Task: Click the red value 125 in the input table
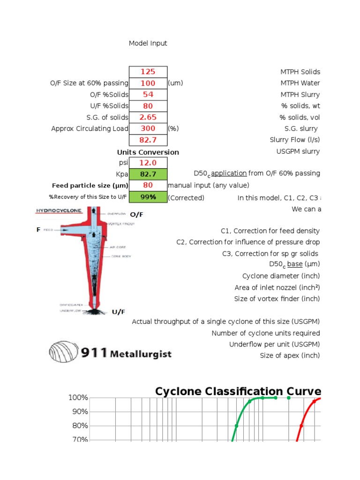point(148,72)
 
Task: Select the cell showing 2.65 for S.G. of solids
point(148,117)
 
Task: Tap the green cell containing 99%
point(148,197)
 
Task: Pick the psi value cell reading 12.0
point(148,163)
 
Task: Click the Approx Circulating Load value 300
point(148,128)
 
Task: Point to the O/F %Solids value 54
point(148,94)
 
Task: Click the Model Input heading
point(148,43)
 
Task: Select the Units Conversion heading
point(148,152)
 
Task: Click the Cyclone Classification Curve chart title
point(238,391)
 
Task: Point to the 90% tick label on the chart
point(78,412)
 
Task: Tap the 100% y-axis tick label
point(78,397)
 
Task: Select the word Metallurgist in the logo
point(141,354)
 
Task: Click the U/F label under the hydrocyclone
point(118,312)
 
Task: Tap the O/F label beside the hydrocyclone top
point(136,215)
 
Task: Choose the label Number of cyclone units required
point(266,333)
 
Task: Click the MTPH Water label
point(300,83)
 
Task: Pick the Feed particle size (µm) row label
point(90,186)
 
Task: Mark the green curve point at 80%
point(236,426)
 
